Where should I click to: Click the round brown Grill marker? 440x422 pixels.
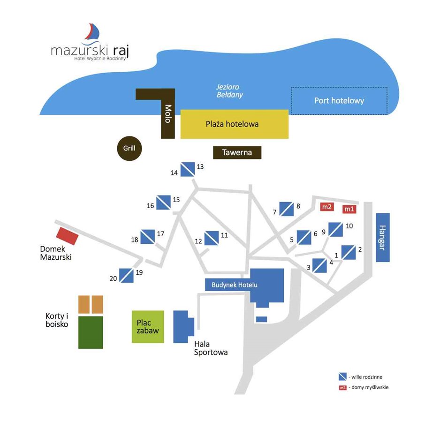point(129,149)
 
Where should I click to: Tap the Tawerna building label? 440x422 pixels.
point(237,152)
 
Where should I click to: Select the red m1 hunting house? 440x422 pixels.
point(349,209)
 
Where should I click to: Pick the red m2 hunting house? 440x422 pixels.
point(326,206)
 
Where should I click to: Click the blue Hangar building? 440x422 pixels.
point(383,238)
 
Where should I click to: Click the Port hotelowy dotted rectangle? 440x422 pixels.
point(339,101)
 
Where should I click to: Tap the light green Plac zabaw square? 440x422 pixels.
point(148,326)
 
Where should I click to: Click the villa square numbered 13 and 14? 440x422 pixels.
point(188,169)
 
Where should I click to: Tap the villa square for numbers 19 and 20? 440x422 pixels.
point(126,275)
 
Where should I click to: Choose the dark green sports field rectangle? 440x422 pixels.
point(91,332)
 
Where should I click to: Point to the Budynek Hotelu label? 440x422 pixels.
point(231,285)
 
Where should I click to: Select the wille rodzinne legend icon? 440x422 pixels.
point(343,377)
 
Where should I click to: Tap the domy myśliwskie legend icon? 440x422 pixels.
point(343,387)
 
